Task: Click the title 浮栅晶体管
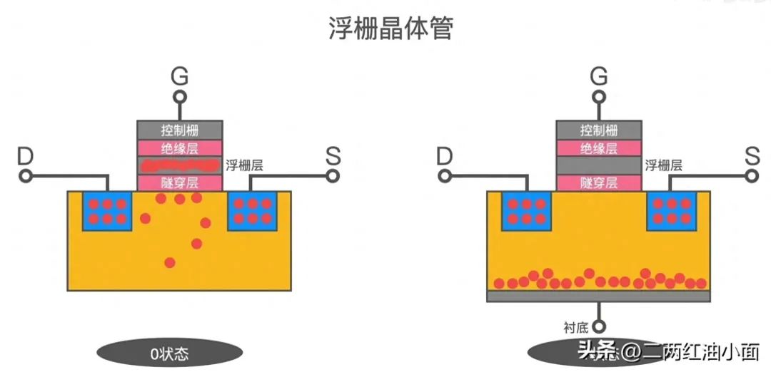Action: tap(390, 29)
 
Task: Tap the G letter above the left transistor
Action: tap(180, 76)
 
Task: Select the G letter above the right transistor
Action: tap(599, 76)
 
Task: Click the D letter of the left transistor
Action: tap(26, 155)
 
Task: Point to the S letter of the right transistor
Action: tap(752, 155)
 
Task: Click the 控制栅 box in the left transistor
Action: tap(180, 130)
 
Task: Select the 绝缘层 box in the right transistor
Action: tap(599, 148)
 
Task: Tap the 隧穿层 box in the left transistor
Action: tap(180, 182)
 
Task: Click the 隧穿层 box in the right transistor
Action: tap(599, 182)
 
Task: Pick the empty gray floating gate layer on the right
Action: tap(599, 165)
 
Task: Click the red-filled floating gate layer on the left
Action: tap(180, 165)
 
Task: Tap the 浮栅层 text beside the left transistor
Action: tap(244, 166)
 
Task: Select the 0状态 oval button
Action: tap(169, 353)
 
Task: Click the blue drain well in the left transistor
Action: tap(108, 211)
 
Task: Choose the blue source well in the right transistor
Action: tap(671, 211)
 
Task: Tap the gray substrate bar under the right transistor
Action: tap(598, 296)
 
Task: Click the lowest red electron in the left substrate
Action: tap(169, 262)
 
